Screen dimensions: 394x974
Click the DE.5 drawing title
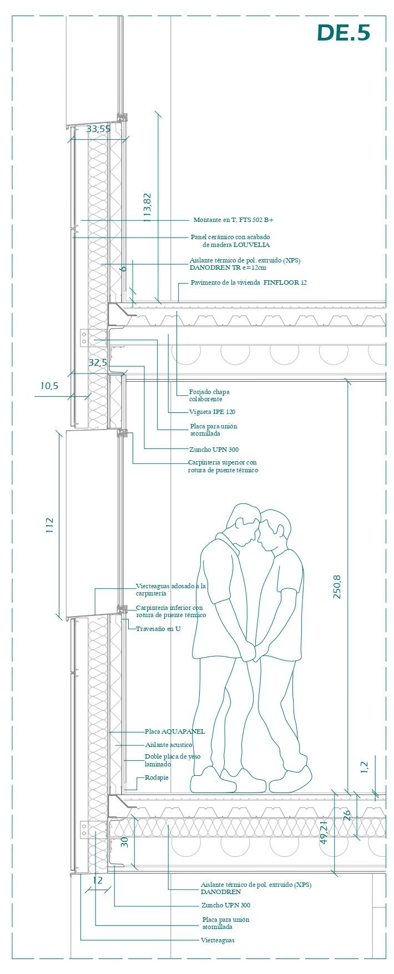344,33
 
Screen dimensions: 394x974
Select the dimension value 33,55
98,129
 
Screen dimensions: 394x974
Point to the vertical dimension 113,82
148,208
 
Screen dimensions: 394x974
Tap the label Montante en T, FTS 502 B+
233,220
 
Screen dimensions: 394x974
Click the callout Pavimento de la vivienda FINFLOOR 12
249,282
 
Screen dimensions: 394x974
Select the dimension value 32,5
98,362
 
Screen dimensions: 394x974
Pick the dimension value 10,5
49,386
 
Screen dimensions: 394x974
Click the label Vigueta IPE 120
212,412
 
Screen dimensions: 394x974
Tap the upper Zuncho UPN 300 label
214,450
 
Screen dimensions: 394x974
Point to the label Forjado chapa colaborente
209,395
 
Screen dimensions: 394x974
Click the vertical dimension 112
49,525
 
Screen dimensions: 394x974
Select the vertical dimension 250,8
337,587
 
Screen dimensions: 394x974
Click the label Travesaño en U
158,629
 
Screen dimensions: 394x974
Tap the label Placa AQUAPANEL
175,731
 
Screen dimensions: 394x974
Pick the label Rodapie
156,778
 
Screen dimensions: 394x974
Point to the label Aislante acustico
169,745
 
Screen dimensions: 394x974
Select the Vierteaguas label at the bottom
218,940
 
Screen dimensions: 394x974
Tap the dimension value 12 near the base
98,880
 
